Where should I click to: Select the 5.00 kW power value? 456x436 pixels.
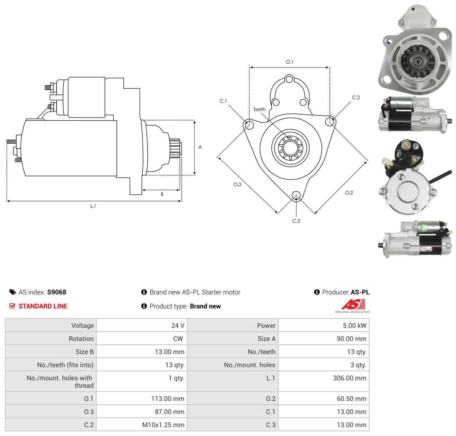[x=354, y=325]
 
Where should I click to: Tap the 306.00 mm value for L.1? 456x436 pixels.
[x=349, y=378]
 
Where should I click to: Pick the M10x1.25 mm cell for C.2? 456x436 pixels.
[x=163, y=425]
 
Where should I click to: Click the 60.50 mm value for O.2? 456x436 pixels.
[x=351, y=398]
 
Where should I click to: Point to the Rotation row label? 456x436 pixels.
[x=81, y=338]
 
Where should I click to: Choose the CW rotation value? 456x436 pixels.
[x=178, y=338]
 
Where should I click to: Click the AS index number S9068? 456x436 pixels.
[x=57, y=292]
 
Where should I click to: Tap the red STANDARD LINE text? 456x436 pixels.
[x=43, y=306]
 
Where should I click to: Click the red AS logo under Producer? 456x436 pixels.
[x=353, y=304]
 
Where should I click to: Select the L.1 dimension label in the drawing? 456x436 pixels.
[x=93, y=206]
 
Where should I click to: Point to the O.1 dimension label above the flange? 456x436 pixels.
[x=289, y=62]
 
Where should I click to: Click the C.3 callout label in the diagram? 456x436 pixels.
[x=296, y=221]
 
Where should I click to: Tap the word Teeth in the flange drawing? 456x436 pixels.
[x=259, y=109]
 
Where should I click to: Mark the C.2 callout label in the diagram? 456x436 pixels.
[x=356, y=97]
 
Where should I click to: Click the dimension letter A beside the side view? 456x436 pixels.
[x=200, y=147]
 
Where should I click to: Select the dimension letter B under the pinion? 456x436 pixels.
[x=162, y=194]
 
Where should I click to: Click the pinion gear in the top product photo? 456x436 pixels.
[x=418, y=62]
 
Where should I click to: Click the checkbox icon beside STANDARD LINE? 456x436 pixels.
[x=12, y=306]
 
